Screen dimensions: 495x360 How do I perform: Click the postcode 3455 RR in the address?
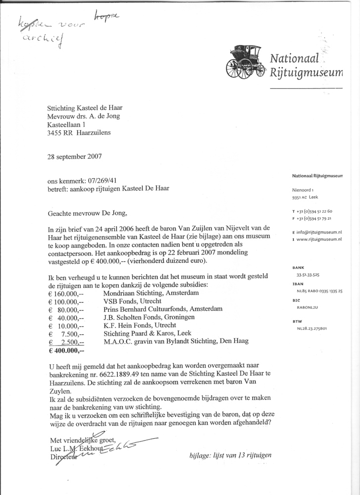coord(65,133)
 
